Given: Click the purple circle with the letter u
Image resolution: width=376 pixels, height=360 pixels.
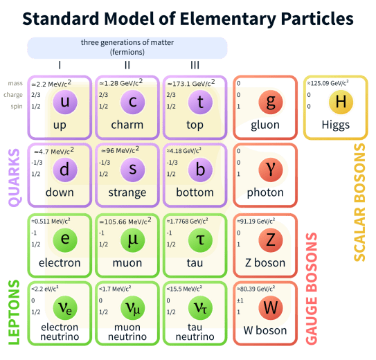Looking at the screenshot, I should coord(65,103).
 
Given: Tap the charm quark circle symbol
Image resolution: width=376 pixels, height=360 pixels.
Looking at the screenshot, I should coord(132,103).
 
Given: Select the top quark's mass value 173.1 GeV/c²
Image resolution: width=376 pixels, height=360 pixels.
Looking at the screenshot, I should coord(191,83).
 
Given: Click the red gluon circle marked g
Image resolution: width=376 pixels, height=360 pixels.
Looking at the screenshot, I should coord(270,103).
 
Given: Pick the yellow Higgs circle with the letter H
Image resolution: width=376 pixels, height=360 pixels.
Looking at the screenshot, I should coord(339,103).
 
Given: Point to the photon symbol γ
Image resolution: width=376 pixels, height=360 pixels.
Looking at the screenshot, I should coord(270,168).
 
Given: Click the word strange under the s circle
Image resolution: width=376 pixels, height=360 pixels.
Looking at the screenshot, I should coord(127,192).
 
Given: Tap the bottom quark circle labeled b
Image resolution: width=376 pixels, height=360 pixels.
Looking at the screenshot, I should coord(199,168).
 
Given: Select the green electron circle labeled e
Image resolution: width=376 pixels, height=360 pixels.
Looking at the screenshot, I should coord(65,239).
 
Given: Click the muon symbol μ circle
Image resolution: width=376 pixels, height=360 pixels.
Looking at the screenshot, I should coord(132,239).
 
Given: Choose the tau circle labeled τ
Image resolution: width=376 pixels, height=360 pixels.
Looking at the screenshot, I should coord(199,239).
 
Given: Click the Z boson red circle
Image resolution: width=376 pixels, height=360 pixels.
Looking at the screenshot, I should coord(270,239).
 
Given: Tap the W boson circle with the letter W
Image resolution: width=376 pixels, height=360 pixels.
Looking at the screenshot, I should coord(270,307).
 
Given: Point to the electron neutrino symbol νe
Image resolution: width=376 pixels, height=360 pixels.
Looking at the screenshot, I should coord(65,307).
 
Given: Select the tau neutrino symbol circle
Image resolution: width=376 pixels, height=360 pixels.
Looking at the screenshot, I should coord(199,307).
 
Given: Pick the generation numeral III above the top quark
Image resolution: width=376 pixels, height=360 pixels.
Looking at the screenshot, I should coord(195,66).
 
